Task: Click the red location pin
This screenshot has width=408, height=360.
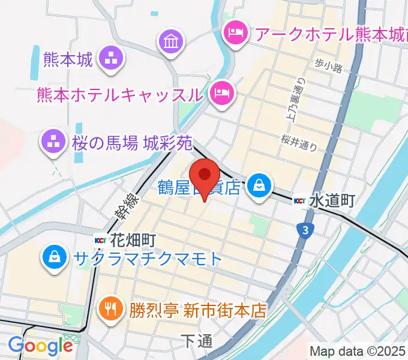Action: tap(206, 175)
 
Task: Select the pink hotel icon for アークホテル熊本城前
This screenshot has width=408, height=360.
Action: tap(235, 31)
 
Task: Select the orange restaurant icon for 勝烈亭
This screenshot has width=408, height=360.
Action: tap(110, 309)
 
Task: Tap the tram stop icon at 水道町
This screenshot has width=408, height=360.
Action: tap(300, 201)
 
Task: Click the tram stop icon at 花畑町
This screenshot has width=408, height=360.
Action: tap(100, 241)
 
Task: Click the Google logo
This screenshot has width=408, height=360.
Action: tap(40, 346)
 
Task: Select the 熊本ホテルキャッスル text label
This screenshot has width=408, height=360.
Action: tap(119, 95)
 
